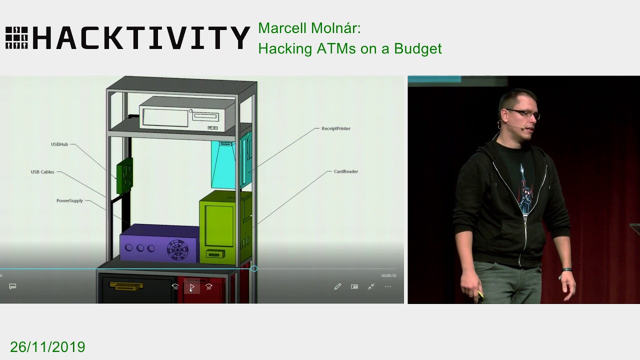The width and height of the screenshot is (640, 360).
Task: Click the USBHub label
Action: [x=59, y=144]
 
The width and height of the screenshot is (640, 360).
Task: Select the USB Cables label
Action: [x=42, y=172]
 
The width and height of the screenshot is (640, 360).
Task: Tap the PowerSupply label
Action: [x=69, y=201]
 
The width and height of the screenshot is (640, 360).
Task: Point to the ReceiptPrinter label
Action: [x=335, y=128]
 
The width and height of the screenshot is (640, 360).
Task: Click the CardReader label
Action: [x=345, y=171]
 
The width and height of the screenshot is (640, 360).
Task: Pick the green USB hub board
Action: [x=124, y=175]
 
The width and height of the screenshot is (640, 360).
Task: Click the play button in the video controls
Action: [x=192, y=287]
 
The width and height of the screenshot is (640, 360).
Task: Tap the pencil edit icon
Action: [x=337, y=286]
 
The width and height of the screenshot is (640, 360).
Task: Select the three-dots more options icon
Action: [x=387, y=286]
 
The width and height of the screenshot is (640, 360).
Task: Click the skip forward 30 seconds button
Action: [x=209, y=287]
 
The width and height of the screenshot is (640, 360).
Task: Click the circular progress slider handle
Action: [x=254, y=269]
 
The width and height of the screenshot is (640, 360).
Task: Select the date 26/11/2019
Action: [x=47, y=347]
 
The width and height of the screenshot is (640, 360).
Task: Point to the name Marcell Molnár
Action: [x=309, y=28]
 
